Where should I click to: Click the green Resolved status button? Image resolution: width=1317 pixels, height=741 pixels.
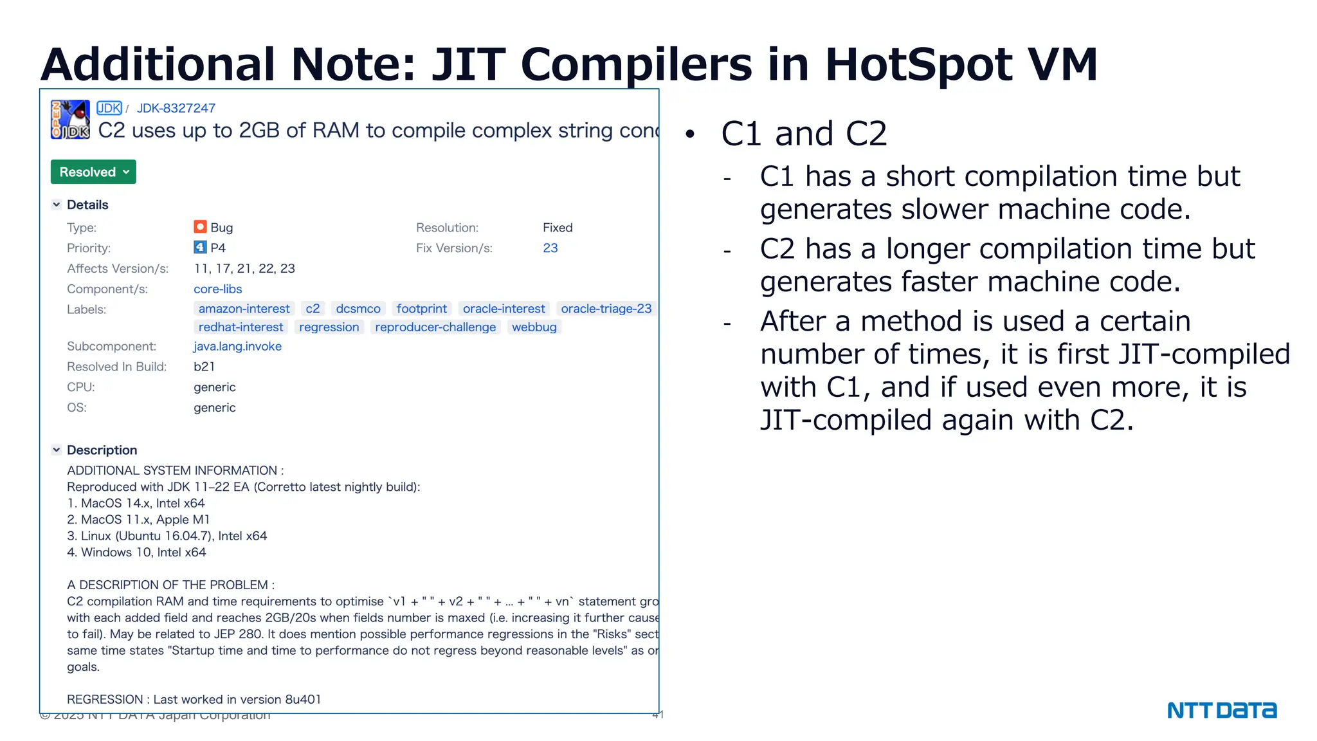93,172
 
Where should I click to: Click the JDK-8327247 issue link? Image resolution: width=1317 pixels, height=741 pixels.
176,108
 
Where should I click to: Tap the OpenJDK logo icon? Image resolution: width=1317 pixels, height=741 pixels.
70,120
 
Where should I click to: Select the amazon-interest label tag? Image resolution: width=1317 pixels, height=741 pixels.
244,309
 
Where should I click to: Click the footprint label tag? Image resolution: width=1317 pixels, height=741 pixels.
421,309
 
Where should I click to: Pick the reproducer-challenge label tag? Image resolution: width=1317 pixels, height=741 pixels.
435,327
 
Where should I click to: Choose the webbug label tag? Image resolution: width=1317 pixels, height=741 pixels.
534,327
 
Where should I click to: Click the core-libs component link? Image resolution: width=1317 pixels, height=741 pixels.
218,289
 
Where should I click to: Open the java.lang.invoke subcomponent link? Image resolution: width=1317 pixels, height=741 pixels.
237,346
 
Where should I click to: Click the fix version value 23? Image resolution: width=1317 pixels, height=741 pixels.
550,248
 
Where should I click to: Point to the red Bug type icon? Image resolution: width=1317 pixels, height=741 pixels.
200,227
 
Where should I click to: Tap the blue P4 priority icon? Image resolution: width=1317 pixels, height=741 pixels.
200,248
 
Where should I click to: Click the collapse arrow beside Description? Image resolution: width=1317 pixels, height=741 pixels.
57,450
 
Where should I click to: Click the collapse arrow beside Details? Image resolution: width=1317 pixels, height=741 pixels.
57,205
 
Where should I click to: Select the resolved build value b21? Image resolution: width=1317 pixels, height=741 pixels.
204,367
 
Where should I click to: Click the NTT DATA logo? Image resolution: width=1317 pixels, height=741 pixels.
1222,710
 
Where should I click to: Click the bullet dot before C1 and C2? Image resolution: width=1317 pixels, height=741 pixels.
691,134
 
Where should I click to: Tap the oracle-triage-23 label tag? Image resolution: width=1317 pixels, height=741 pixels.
606,309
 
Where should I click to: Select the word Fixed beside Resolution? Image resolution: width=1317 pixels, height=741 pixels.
558,227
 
